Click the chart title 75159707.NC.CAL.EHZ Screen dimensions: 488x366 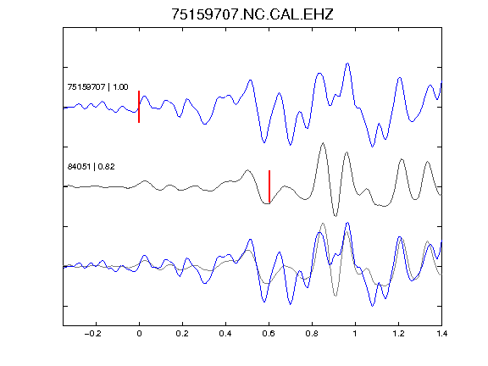tap(252, 14)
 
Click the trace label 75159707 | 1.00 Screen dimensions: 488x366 tap(97, 86)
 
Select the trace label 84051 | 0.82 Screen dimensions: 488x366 tap(91, 167)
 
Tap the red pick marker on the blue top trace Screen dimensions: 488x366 tap(139, 107)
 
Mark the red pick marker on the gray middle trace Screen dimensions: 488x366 tap(269, 186)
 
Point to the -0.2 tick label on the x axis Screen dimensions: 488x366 tap(93, 334)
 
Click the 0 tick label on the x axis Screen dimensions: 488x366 tap(139, 334)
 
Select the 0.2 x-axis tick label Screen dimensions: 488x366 tap(182, 334)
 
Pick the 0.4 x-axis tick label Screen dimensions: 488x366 tap(225, 334)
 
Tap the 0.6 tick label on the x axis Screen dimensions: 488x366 tap(269, 334)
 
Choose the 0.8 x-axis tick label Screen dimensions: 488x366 tap(312, 334)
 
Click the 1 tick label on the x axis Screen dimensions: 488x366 tap(355, 334)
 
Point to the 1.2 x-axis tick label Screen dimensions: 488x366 tap(398, 334)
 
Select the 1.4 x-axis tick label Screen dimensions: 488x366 tap(441, 334)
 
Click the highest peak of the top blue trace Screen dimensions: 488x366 tap(347, 64)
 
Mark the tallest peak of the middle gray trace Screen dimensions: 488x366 tap(324, 143)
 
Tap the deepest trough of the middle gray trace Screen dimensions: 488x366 tap(335, 216)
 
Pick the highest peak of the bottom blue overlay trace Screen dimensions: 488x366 tap(347, 223)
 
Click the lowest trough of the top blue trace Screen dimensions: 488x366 tap(372, 147)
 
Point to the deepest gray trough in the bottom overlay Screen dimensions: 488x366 tap(335, 296)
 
